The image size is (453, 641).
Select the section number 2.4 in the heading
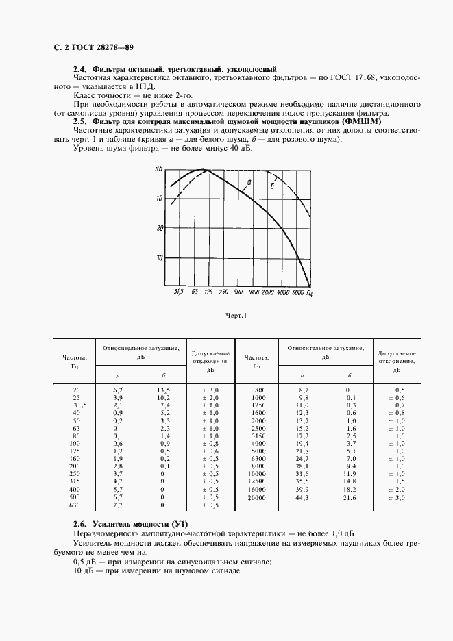80,70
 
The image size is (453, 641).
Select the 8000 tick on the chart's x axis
297,292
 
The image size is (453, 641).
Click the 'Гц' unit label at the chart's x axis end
310,292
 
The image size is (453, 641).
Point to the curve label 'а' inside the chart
249,181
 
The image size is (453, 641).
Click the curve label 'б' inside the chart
272,185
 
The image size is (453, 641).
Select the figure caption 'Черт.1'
236,316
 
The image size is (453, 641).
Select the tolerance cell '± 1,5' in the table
396,481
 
